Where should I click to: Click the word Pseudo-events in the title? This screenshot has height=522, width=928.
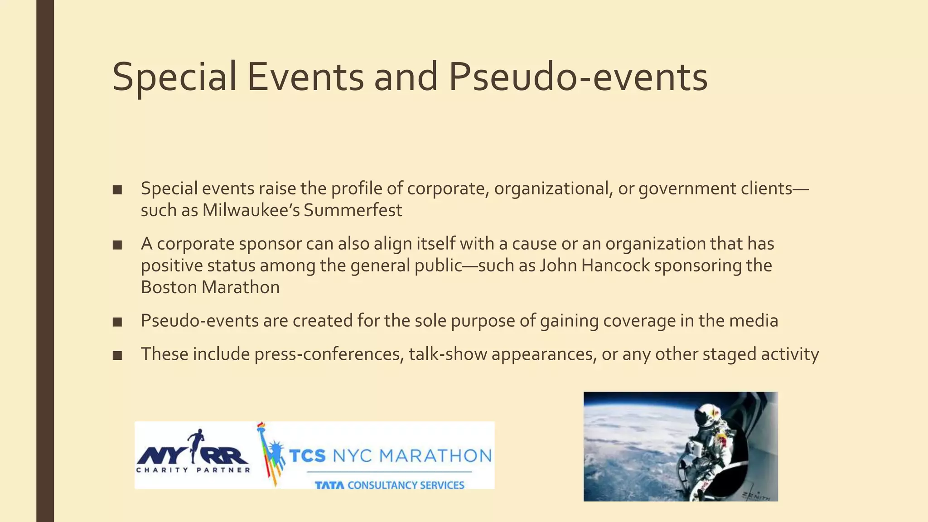tap(578, 77)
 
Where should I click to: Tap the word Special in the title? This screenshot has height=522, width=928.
tap(174, 77)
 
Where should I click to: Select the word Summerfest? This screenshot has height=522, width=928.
tap(353, 210)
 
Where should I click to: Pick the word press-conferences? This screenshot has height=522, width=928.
tap(329, 354)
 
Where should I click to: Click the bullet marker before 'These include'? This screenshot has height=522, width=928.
tap(117, 355)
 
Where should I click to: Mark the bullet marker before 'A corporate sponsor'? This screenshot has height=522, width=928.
tap(117, 245)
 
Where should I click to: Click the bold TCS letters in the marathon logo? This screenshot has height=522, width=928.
tap(307, 455)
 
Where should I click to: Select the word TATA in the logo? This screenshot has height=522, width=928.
tap(329, 485)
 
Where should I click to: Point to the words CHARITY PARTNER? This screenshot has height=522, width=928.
tap(193, 470)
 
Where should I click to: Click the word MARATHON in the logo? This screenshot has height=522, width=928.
tap(435, 455)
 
